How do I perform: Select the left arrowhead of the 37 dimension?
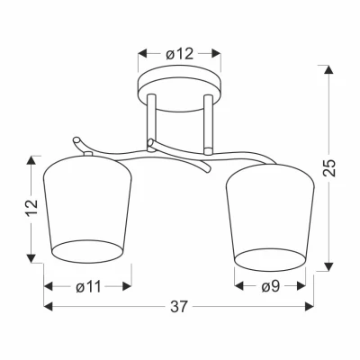click(48, 308)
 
